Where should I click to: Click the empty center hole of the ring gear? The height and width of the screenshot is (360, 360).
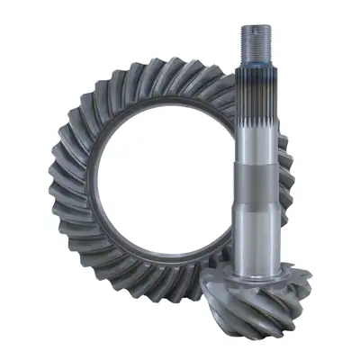point(171,180)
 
